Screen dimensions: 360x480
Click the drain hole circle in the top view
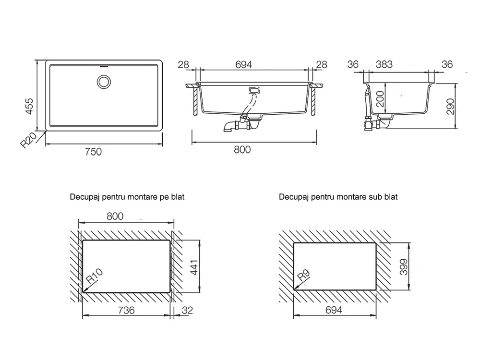point(103,82)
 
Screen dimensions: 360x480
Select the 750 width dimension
point(93,152)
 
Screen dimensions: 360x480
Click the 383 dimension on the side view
point(384,64)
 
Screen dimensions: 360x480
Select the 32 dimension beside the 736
point(188,311)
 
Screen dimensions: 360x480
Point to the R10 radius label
point(95,278)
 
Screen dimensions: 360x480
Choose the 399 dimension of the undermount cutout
point(404,266)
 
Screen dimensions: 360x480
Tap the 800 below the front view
point(243,150)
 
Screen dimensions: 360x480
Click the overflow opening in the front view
point(253,90)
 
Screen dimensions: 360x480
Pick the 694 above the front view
point(243,64)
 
